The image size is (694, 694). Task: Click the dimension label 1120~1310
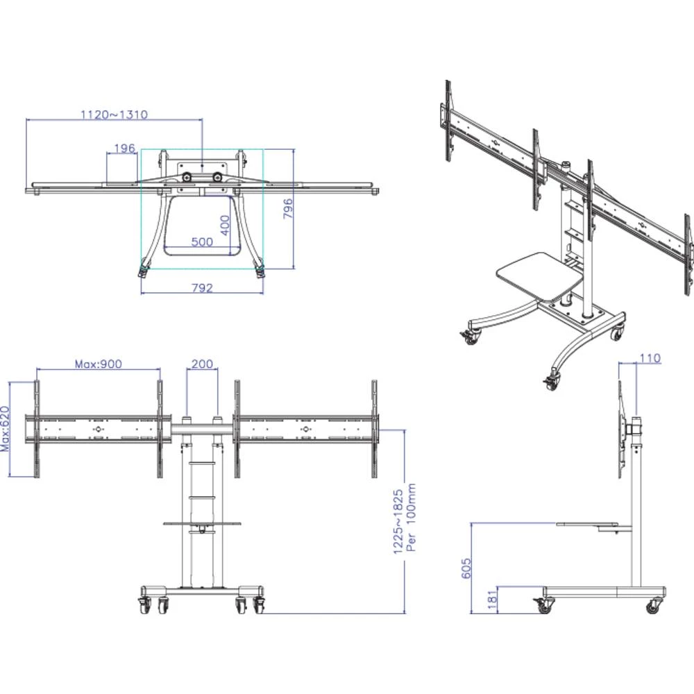pyautogui.click(x=114, y=115)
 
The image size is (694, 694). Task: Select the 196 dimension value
pyautogui.click(x=124, y=148)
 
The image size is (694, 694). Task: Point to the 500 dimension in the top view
pyautogui.click(x=201, y=242)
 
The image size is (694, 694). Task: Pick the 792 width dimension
pyautogui.click(x=201, y=288)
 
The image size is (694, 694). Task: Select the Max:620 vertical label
pyautogui.click(x=5, y=429)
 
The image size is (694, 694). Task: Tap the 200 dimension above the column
pyautogui.click(x=202, y=364)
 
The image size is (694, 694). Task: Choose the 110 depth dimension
pyautogui.click(x=650, y=358)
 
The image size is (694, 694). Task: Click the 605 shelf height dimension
pyautogui.click(x=466, y=568)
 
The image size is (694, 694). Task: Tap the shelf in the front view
pyautogui.click(x=201, y=523)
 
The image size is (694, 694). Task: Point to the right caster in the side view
pyautogui.click(x=652, y=607)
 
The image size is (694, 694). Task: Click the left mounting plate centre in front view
pyautogui.click(x=96, y=430)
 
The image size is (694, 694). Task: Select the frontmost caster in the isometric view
pyautogui.click(x=552, y=380)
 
